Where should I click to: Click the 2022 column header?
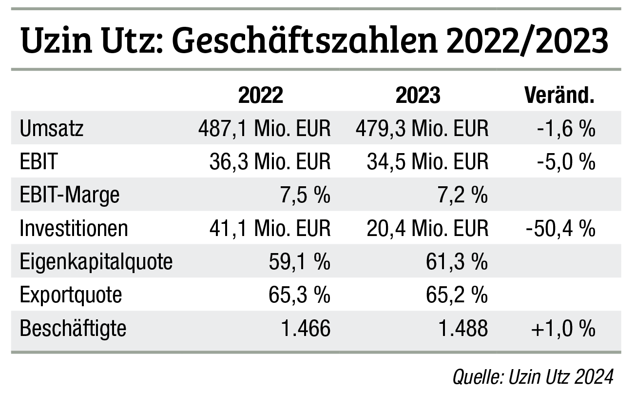(260, 96)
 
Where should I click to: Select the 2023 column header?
(418, 96)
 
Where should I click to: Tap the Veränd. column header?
(559, 96)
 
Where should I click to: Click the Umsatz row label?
(52, 129)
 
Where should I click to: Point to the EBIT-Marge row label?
(70, 196)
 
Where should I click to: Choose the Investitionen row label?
(74, 229)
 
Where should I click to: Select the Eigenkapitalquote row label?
(96, 262)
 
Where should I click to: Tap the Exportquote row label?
(71, 295)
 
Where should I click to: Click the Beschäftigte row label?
(73, 328)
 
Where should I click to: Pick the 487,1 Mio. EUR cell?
(264, 129)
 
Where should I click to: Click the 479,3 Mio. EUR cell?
(422, 129)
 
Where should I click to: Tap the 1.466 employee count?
(306, 328)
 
